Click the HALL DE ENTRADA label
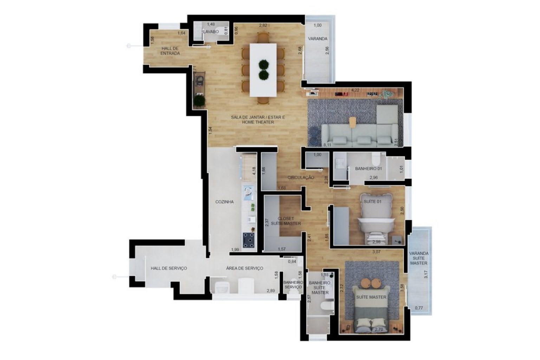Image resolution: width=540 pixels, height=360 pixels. click(x=170, y=51)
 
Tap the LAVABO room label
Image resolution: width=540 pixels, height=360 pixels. click(x=210, y=32)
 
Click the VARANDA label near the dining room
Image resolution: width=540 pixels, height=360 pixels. click(x=318, y=39)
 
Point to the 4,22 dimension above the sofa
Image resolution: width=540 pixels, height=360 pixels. click(x=356, y=90)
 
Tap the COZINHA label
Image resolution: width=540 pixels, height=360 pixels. click(x=225, y=202)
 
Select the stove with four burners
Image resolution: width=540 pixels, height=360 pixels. click(x=249, y=240)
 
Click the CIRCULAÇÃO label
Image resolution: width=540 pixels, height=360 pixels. click(x=301, y=178)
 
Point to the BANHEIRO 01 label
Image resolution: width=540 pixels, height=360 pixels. click(x=368, y=169)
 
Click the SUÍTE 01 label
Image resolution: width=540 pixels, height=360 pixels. click(x=372, y=202)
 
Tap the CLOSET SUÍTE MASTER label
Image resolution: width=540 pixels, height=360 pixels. click(x=286, y=221)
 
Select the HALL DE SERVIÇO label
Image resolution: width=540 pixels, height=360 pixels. click(x=169, y=268)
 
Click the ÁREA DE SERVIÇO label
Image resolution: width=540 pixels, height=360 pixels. click(x=245, y=268)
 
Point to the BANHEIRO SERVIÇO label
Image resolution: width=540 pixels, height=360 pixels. click(x=293, y=284)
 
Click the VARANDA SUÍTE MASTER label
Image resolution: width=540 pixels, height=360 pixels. click(x=419, y=258)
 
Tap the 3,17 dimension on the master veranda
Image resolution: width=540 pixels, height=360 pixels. click(x=426, y=274)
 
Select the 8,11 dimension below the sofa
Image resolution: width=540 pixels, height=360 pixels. click(x=327, y=145)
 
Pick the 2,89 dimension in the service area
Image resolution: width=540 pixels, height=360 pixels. click(x=271, y=291)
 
